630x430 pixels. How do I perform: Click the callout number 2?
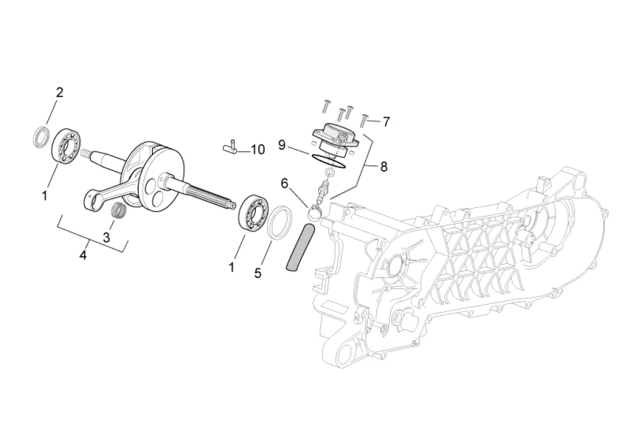point(60,93)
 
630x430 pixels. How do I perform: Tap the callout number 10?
point(258,150)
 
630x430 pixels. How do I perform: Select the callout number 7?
point(386,122)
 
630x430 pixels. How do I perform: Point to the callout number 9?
point(282,145)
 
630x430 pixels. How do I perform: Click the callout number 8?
point(384,167)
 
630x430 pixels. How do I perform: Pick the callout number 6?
point(284,184)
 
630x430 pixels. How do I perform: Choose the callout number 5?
point(258,273)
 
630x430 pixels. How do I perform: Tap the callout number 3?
point(106,237)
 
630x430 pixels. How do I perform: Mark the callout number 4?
point(83,255)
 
